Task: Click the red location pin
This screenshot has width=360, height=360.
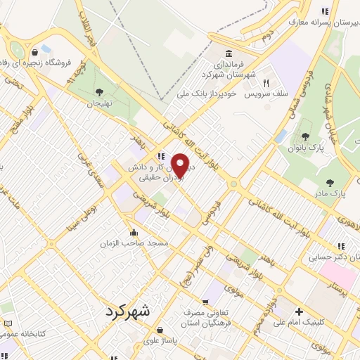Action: click(180, 165)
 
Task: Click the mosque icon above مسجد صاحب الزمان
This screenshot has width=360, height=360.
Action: click(134, 232)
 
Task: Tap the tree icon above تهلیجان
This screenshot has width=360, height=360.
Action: click(99, 91)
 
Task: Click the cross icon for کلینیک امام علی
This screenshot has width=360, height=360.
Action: click(300, 311)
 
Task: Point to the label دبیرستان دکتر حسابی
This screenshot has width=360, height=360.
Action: click(328, 257)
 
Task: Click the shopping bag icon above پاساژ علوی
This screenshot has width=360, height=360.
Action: click(160, 329)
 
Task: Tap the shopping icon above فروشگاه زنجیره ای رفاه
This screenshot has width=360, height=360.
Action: click(34, 51)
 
